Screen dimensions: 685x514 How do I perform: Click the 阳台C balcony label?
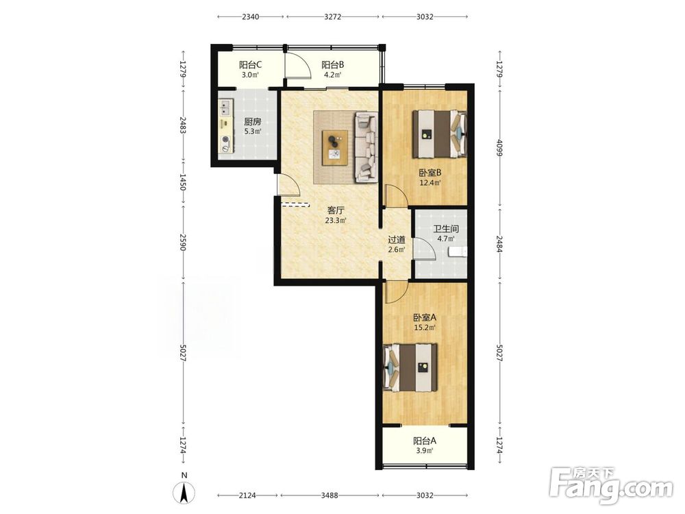tap(250, 65)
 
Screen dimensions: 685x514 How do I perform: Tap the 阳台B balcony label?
tap(333, 65)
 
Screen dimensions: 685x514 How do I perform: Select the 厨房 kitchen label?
tap(253, 122)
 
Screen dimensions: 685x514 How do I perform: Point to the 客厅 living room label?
tap(336, 210)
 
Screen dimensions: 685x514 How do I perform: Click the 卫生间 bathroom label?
tap(446, 229)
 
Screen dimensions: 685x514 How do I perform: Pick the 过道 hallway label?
tap(397, 240)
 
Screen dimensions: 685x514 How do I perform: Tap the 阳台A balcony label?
tap(425, 441)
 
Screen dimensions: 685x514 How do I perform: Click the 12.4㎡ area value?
tap(430, 183)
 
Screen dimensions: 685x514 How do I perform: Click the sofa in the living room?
tap(366, 147)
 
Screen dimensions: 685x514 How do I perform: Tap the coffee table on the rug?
tap(335, 148)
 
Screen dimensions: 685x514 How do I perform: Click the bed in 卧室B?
tap(440, 134)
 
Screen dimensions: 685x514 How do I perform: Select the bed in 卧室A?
tap(410, 367)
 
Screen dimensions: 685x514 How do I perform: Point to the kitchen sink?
tap(226, 106)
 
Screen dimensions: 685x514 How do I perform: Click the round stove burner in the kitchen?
tap(225, 140)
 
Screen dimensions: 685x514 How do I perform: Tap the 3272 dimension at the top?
tap(333, 16)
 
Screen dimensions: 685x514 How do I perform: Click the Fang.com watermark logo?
tap(611, 485)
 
